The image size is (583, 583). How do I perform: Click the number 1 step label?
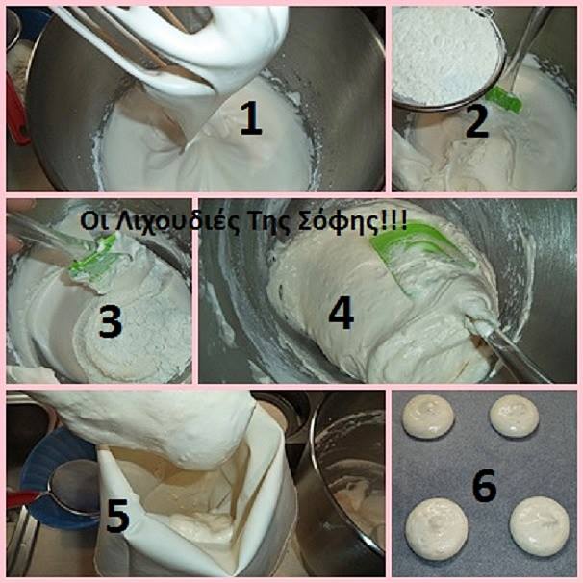pos(251,118)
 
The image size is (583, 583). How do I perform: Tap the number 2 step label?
pos(476,121)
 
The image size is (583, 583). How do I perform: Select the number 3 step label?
pos(111,321)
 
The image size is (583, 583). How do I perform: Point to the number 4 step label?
pos(342,313)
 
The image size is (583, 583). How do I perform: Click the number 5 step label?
pos(117,516)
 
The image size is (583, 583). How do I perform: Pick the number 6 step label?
pos(485,485)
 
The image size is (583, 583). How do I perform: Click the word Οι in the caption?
pos(91,221)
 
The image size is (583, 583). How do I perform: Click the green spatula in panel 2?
pos(503,99)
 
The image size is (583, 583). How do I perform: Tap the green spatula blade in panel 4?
pos(417,253)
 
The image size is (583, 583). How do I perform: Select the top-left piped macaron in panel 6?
pos(428,417)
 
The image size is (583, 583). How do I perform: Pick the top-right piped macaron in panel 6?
pos(515,416)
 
